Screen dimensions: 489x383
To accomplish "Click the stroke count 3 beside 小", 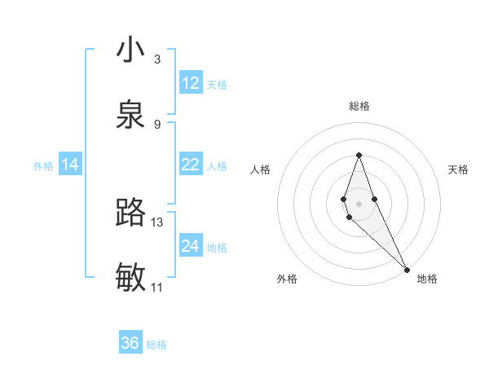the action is [156, 59].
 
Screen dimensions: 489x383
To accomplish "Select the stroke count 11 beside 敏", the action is [156, 287].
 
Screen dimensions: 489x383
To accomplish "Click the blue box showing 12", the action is [191, 83].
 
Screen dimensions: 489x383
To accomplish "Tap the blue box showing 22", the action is [191, 165].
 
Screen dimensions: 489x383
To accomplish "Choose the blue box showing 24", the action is [191, 246].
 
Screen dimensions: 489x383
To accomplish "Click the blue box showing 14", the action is [70, 165].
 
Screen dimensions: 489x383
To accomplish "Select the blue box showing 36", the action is [130, 343].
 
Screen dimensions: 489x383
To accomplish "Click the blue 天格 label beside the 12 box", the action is [217, 85].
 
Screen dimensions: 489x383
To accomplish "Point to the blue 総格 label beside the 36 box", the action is [156, 345].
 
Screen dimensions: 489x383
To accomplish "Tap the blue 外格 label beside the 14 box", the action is [43, 166].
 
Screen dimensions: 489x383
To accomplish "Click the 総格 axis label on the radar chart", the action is [359, 106].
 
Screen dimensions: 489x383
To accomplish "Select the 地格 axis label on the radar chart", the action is [427, 279].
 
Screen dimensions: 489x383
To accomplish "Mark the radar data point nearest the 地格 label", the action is [407, 269].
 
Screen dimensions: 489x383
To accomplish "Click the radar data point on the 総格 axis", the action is [359, 155].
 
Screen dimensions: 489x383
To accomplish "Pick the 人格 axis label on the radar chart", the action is [261, 169].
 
